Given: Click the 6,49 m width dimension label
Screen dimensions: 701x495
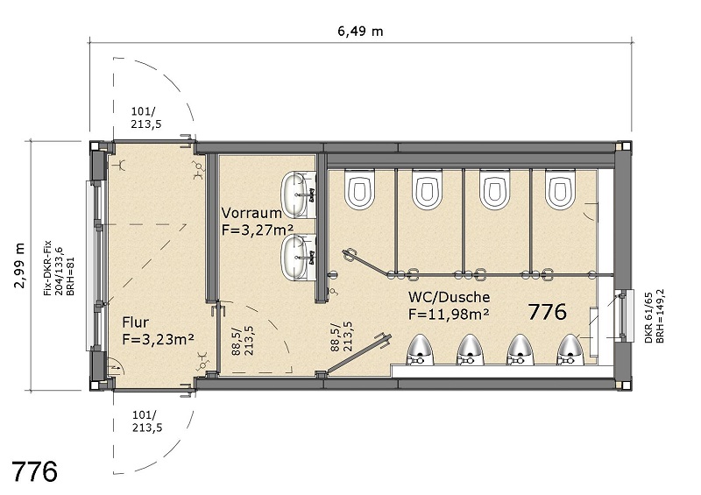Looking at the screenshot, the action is (360, 32).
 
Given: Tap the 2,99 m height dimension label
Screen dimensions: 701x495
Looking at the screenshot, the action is (19, 265).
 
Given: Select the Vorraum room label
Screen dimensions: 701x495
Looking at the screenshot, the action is (251, 212).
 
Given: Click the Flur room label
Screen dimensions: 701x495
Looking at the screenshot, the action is (136, 322).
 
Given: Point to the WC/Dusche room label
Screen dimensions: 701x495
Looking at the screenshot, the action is (449, 297).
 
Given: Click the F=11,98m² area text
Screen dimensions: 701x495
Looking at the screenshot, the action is (448, 314).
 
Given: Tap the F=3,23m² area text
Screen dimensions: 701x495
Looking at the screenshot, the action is (158, 339).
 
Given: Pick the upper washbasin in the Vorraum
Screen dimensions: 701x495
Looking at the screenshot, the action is (299, 195).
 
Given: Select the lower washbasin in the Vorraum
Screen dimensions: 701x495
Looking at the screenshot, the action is (299, 258).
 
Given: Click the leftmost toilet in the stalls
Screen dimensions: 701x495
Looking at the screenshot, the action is (359, 189).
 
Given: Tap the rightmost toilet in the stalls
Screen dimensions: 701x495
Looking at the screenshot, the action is (560, 189).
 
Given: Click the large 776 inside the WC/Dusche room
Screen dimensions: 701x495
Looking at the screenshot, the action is (547, 312).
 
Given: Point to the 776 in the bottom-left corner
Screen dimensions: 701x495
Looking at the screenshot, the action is (34, 470).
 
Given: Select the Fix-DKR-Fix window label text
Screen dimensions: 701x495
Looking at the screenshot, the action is (48, 268).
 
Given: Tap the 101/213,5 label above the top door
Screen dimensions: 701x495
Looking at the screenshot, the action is (146, 118).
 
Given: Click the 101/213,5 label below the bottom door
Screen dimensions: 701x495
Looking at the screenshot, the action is (147, 421).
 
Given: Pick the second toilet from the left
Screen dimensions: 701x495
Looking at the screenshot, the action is (427, 189).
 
